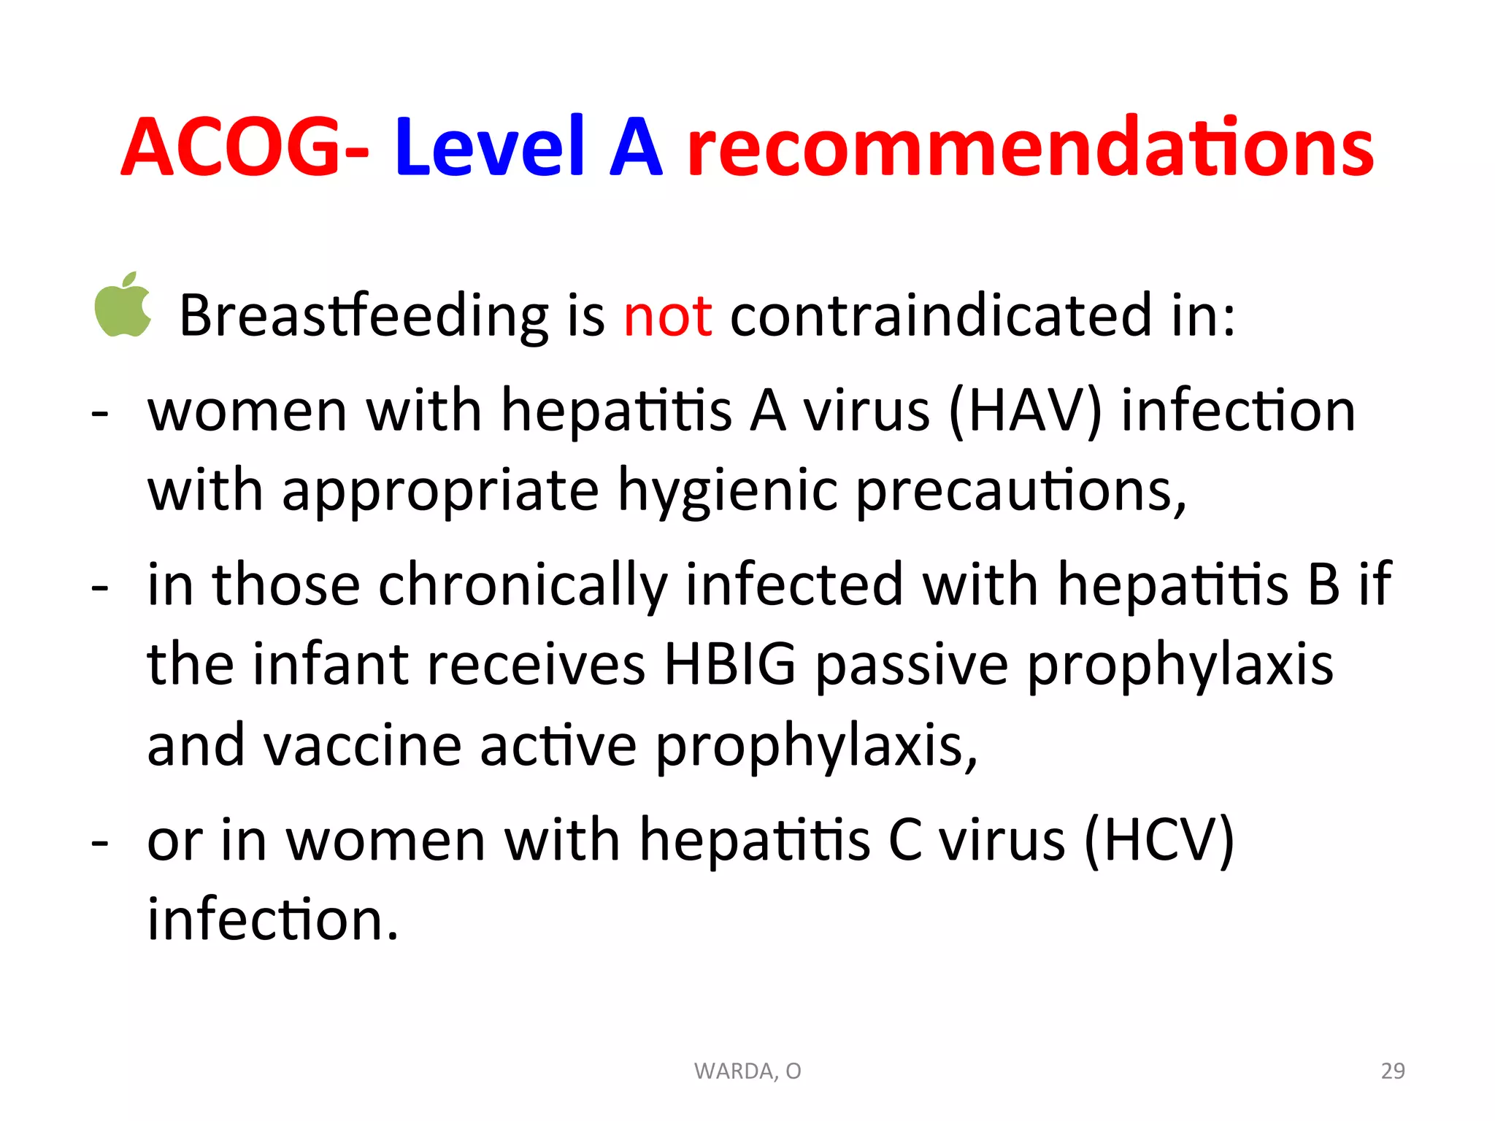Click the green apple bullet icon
pos(123,306)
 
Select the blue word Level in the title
pos(490,148)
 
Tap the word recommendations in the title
pos(1030,148)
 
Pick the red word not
pos(667,316)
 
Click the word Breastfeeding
pos(364,316)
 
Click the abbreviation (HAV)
pos(1025,412)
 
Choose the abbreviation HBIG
pos(729,665)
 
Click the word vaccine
pos(362,746)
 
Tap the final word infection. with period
pos(273,920)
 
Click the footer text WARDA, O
pos(747,1071)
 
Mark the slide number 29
pos(1393,1071)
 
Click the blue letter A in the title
pos(635,148)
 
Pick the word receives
pos(537,665)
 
